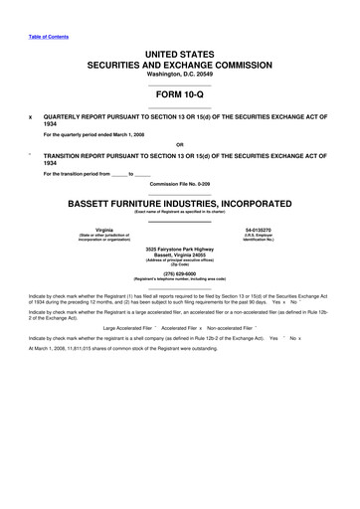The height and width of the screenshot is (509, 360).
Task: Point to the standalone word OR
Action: [x=179, y=144]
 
